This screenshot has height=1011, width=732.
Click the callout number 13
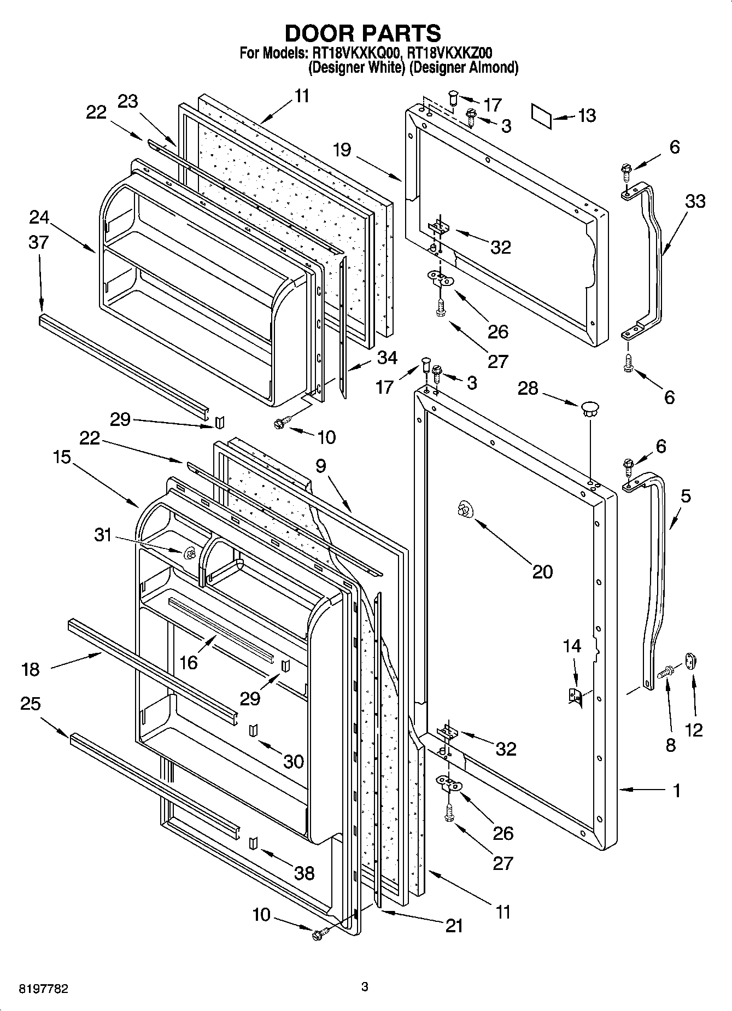coord(587,116)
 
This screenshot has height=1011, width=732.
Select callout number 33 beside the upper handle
coord(695,201)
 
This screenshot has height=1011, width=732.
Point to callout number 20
coord(542,571)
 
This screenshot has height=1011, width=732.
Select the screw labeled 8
coord(666,672)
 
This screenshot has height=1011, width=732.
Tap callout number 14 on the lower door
coord(572,646)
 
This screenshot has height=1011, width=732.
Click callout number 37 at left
coord(38,242)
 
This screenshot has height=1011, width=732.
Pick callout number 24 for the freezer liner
coord(39,218)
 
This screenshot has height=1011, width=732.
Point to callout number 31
coord(103,535)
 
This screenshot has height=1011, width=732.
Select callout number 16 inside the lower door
coord(188,662)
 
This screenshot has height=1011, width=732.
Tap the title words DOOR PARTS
coord(362,33)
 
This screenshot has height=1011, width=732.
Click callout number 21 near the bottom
coord(454,925)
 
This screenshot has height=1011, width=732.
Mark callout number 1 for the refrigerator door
coord(676,791)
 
